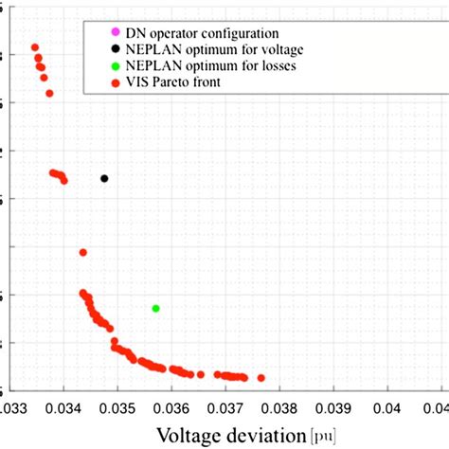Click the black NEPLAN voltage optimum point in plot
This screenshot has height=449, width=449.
coord(104,178)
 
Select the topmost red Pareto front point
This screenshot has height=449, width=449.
coord(35,47)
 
